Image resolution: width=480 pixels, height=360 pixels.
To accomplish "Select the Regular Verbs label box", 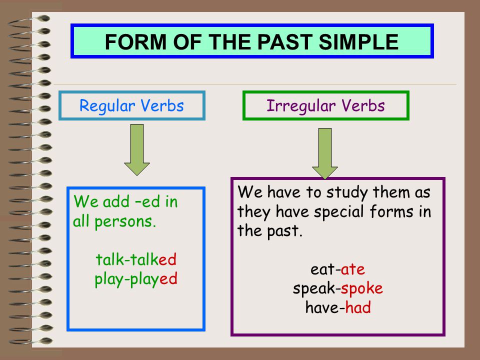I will click(132, 106).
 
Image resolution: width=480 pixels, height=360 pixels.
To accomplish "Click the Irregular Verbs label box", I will click(325, 106).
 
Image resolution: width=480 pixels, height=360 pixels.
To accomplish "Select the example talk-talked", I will click(136, 260).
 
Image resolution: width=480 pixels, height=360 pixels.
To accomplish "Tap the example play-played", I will click(136, 278).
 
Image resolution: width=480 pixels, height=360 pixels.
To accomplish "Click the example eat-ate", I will click(337, 270).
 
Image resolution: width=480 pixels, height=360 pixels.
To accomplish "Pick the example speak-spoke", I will click(337, 288).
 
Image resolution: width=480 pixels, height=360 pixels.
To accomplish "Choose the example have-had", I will click(337, 307).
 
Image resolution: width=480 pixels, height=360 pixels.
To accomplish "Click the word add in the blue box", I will click(116, 202).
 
